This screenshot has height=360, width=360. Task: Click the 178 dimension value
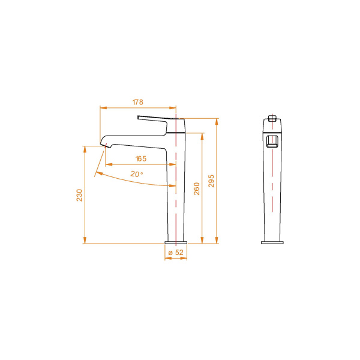coord(137,103)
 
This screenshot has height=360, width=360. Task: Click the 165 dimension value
coord(140,159)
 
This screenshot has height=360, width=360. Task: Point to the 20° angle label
coord(137,174)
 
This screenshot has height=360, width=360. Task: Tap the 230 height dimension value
coord(79,195)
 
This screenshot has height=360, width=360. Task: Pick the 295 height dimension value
coord(211,181)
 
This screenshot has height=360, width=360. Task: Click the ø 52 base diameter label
coord(176,253)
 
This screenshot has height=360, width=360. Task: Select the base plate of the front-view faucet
coord(273,242)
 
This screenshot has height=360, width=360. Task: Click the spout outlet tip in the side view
coord(106,146)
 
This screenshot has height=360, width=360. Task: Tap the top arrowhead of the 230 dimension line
coord(85,147)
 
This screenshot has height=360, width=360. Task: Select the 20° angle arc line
coord(132,182)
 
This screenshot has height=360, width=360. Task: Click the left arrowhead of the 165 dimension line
coord(108,164)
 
